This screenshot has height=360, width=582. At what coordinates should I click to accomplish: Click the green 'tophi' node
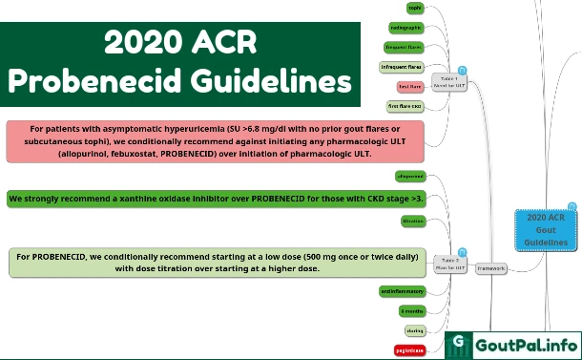click(414, 8)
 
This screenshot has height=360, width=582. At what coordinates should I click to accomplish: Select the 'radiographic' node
click(407, 28)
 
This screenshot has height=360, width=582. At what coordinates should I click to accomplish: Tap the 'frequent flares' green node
click(404, 46)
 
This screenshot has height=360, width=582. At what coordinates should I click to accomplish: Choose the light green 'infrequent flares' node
click(401, 67)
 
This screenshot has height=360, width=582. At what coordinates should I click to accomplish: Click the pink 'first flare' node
click(409, 87)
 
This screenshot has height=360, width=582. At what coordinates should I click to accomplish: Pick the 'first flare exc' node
click(405, 106)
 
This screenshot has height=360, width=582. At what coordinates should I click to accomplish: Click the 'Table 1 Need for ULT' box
click(449, 81)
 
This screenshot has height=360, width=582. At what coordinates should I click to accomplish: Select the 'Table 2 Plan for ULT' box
click(449, 264)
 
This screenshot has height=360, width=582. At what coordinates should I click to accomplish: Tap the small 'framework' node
click(491, 268)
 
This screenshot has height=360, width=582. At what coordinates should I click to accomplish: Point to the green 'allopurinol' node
click(409, 177)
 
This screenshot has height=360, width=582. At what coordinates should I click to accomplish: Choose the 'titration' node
click(412, 221)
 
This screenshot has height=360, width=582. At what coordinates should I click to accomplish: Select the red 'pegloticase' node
click(409, 350)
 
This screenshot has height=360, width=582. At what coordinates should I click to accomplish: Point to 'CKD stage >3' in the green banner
click(386, 200)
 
